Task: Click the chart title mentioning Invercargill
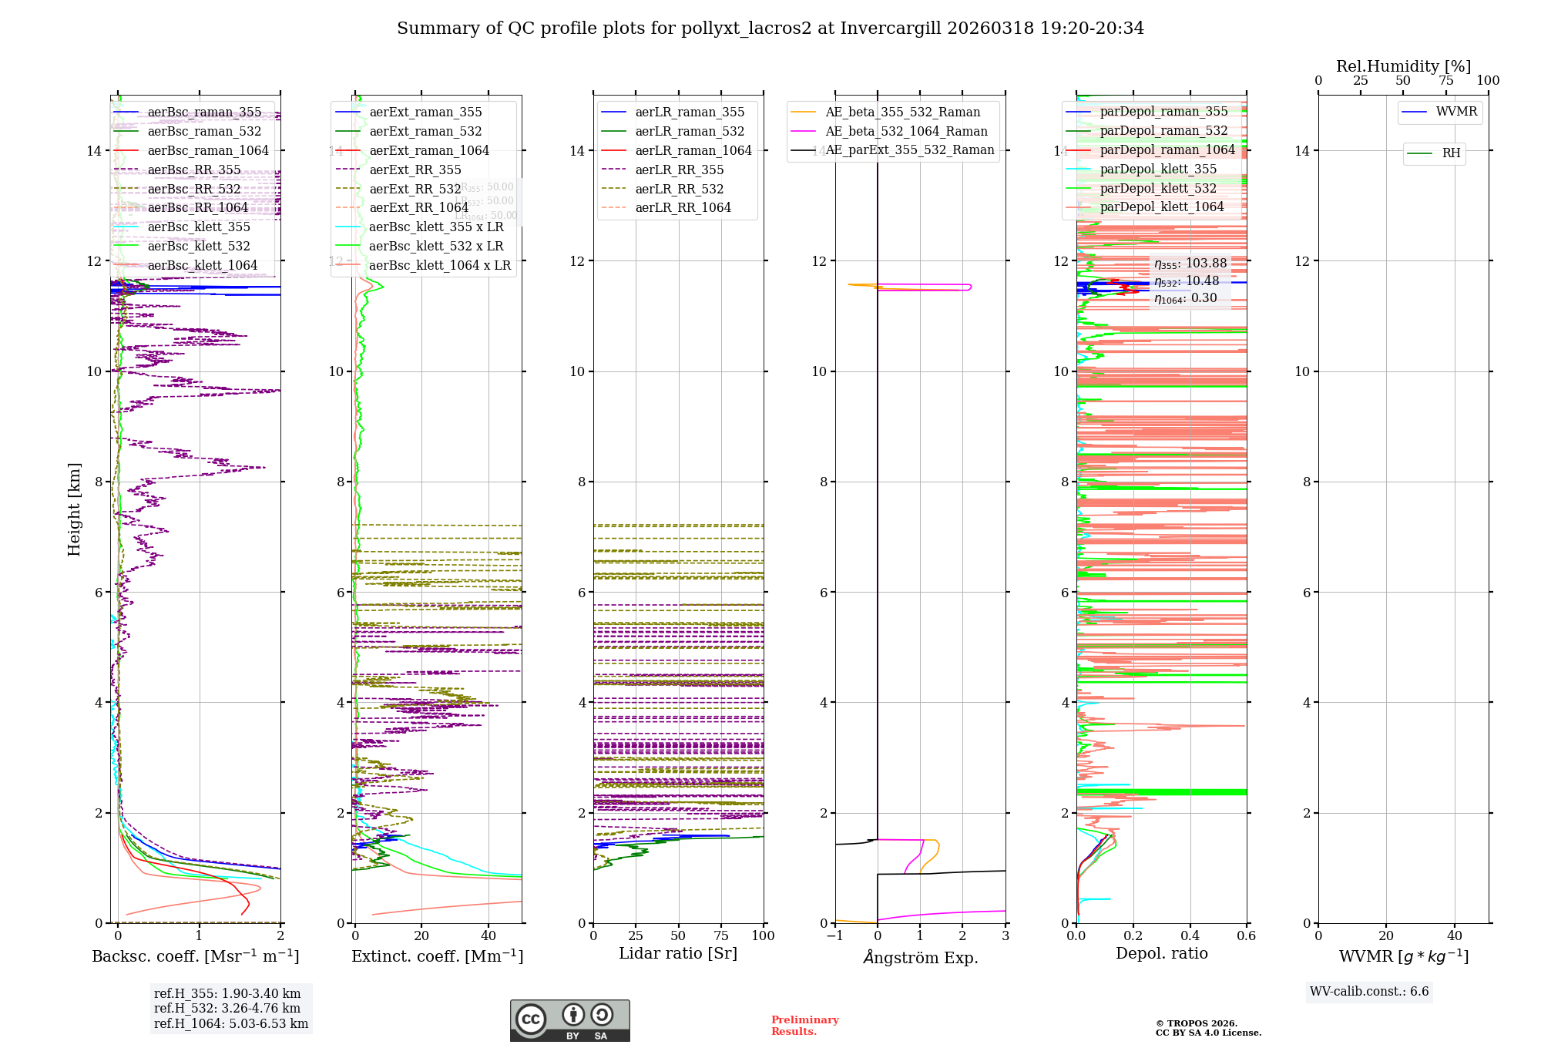coord(770,29)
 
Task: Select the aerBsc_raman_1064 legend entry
coord(208,151)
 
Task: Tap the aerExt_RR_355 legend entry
coord(415,170)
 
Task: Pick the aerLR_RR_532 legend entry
coord(679,190)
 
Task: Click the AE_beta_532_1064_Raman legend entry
coord(906,132)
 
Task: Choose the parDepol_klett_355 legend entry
coord(1158,170)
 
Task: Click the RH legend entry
coord(1451,153)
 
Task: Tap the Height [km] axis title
coord(74,509)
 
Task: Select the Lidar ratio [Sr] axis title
coord(678,953)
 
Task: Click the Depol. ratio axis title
coord(1161,953)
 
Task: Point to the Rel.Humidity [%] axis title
coord(1403,66)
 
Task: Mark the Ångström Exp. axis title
coord(920,957)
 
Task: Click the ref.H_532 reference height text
coord(227,1008)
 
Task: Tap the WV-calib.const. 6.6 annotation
coord(1369,992)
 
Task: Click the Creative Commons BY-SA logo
coord(569,1020)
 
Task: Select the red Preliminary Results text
coord(804,1026)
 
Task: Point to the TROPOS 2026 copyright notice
coord(1208,1028)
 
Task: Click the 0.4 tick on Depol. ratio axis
coord(1190,935)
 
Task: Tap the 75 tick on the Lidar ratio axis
coord(720,935)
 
